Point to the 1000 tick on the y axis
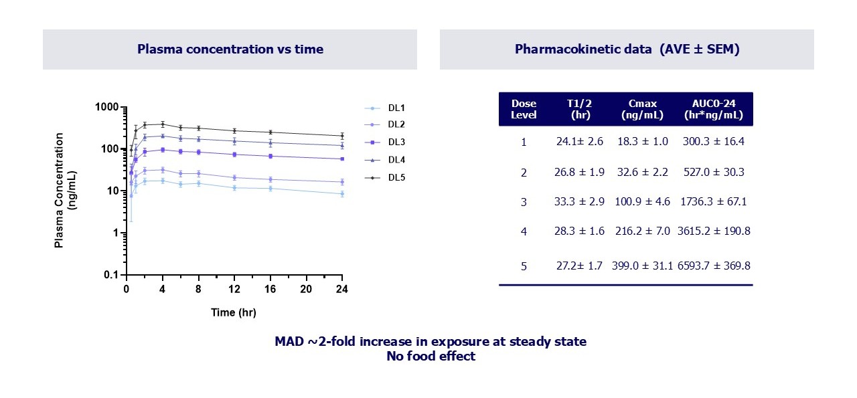[x=106, y=107]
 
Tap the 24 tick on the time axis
[x=342, y=289]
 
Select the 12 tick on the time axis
[x=234, y=289]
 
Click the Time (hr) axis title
[x=233, y=312]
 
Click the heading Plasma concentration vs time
[x=230, y=49]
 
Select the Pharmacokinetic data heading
[x=627, y=49]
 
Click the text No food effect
[x=431, y=356]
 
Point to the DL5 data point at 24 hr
[x=342, y=136]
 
